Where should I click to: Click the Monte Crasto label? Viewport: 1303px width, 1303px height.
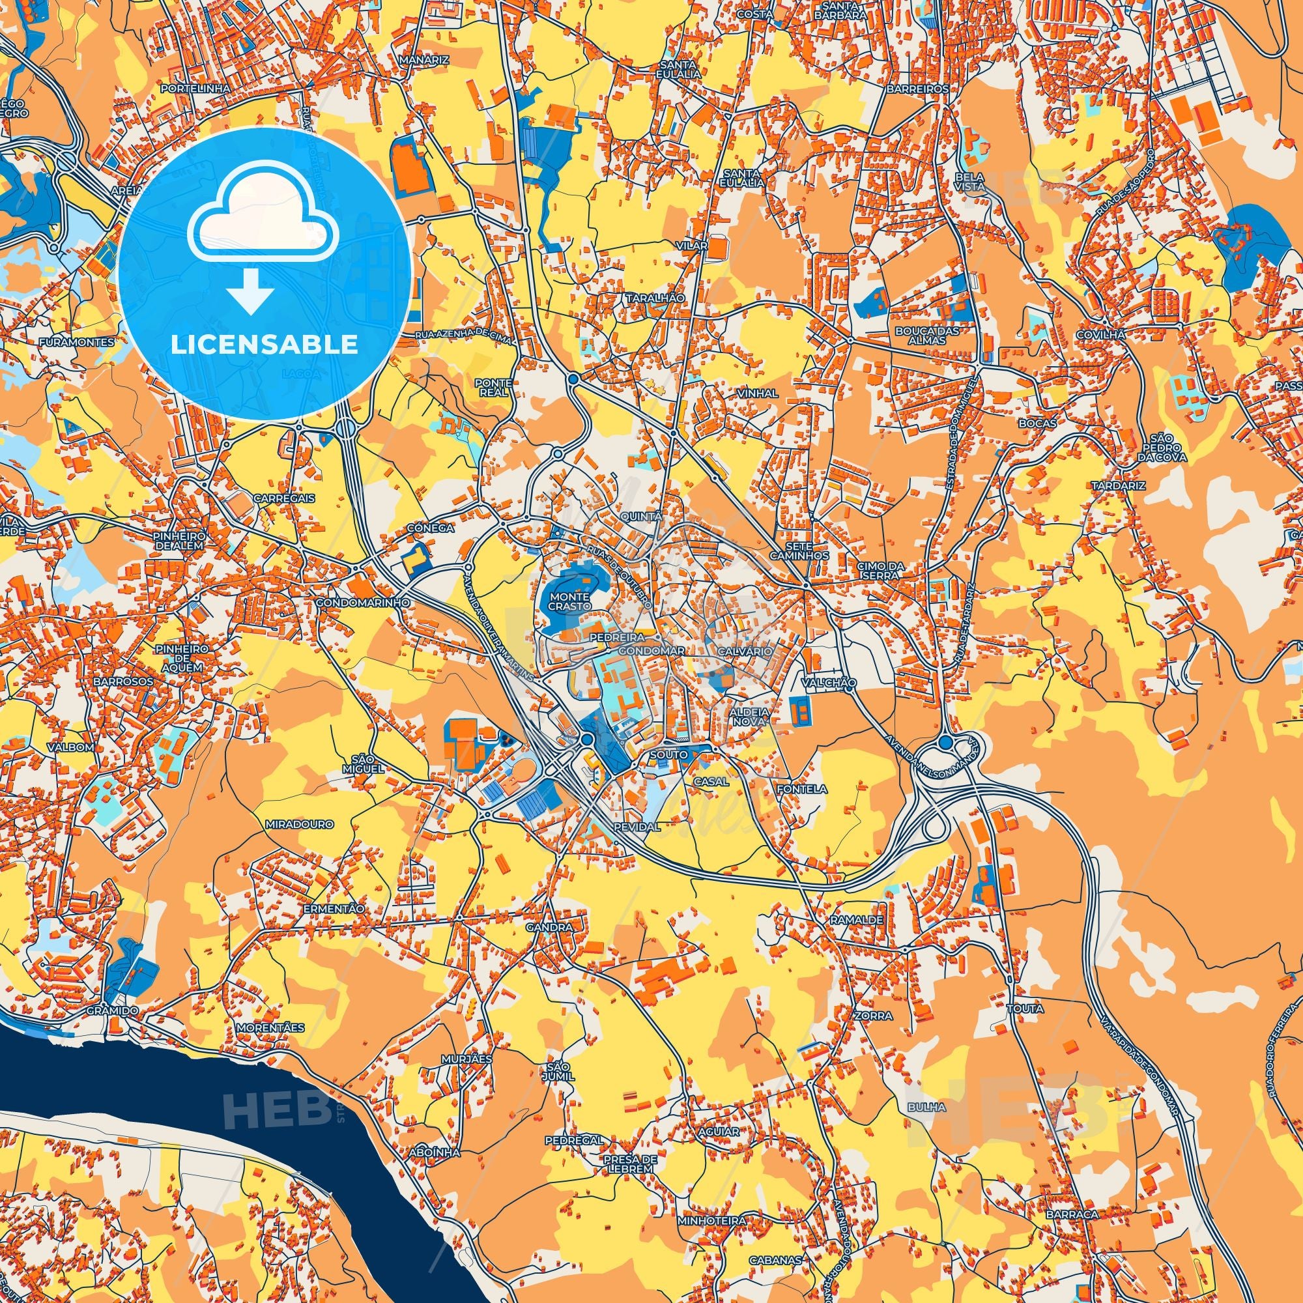(569, 601)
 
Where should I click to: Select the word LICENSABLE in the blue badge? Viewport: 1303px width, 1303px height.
(265, 345)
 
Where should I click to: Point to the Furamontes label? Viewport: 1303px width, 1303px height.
(77, 342)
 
